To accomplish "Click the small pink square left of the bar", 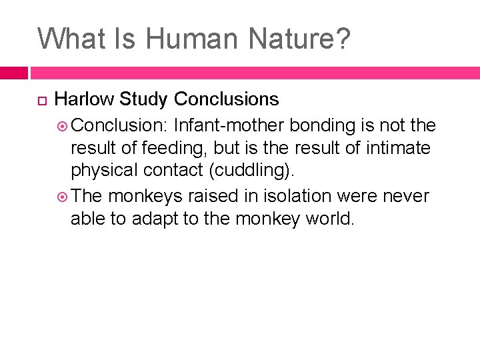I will coord(13,73).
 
